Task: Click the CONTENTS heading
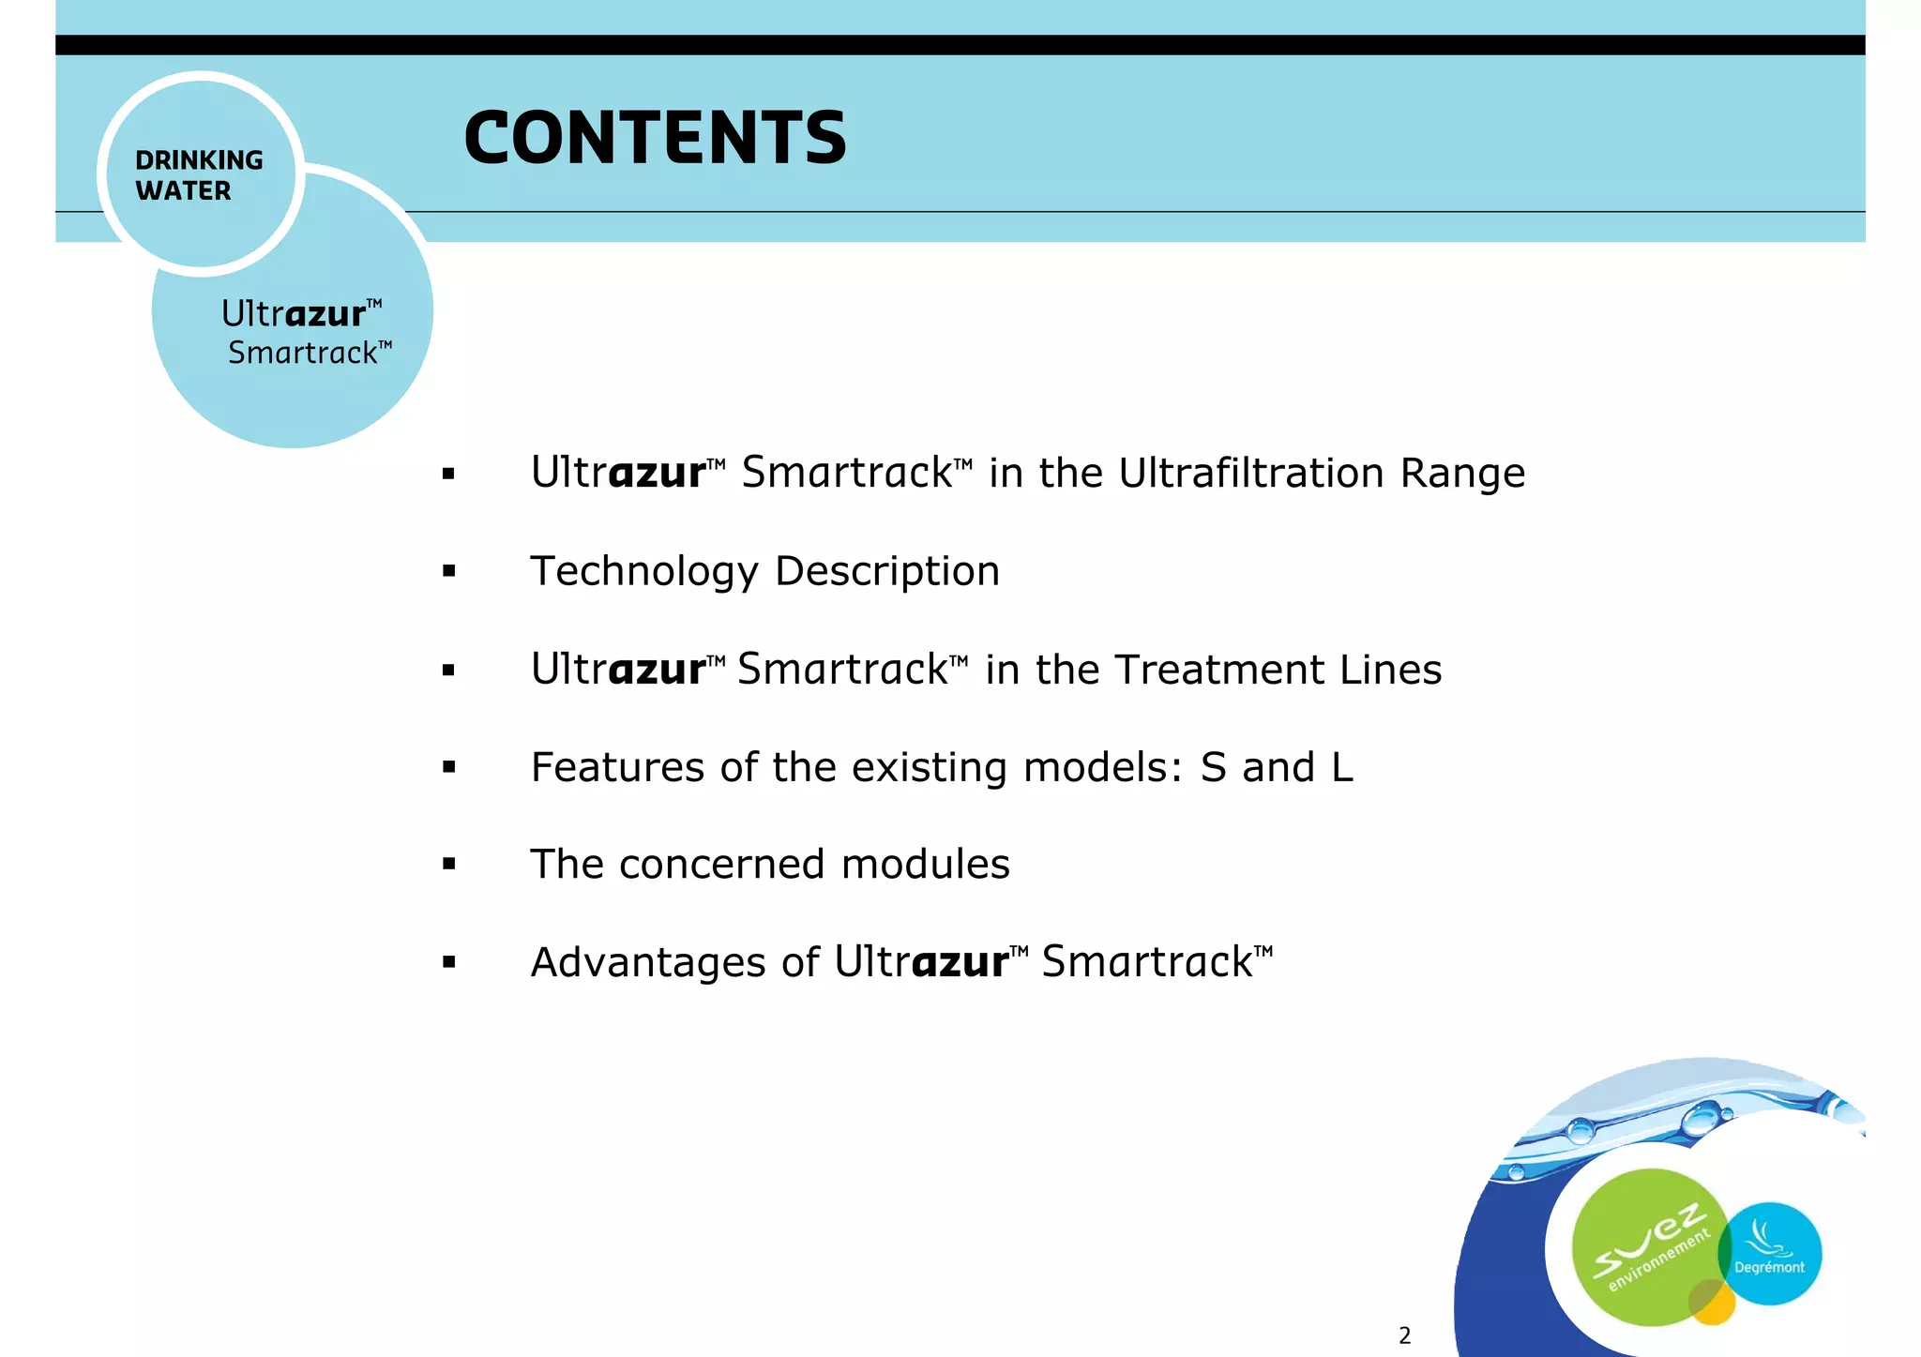point(655,138)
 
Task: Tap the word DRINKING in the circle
point(199,160)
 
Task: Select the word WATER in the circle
point(183,190)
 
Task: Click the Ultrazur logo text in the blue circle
point(294,313)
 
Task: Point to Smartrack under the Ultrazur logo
point(303,354)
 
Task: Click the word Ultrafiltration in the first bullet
point(1251,473)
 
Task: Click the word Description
point(887,572)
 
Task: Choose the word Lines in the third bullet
point(1390,670)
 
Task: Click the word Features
point(616,767)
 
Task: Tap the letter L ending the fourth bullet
point(1341,767)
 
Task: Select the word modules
point(925,864)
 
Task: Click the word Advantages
point(648,963)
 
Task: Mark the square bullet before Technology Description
point(449,571)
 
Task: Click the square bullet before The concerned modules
point(449,865)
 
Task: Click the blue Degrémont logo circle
point(1771,1253)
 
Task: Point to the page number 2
point(1404,1335)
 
